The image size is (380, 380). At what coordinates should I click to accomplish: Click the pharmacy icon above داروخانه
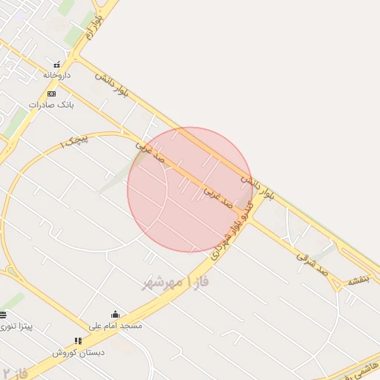pyautogui.click(x=56, y=63)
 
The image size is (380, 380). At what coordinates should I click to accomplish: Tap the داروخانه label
pyautogui.click(x=56, y=75)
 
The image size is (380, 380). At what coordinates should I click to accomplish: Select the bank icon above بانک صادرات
pyautogui.click(x=51, y=94)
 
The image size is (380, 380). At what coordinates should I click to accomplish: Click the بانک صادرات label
pyautogui.click(x=52, y=105)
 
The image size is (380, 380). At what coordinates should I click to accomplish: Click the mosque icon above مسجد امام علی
pyautogui.click(x=115, y=315)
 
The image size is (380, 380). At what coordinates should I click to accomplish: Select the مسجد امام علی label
pyautogui.click(x=115, y=326)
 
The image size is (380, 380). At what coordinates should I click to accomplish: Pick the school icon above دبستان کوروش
pyautogui.click(x=79, y=341)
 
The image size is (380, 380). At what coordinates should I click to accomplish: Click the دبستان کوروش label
pyautogui.click(x=79, y=353)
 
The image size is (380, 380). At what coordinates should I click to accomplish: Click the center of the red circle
pyautogui.click(x=190, y=189)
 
